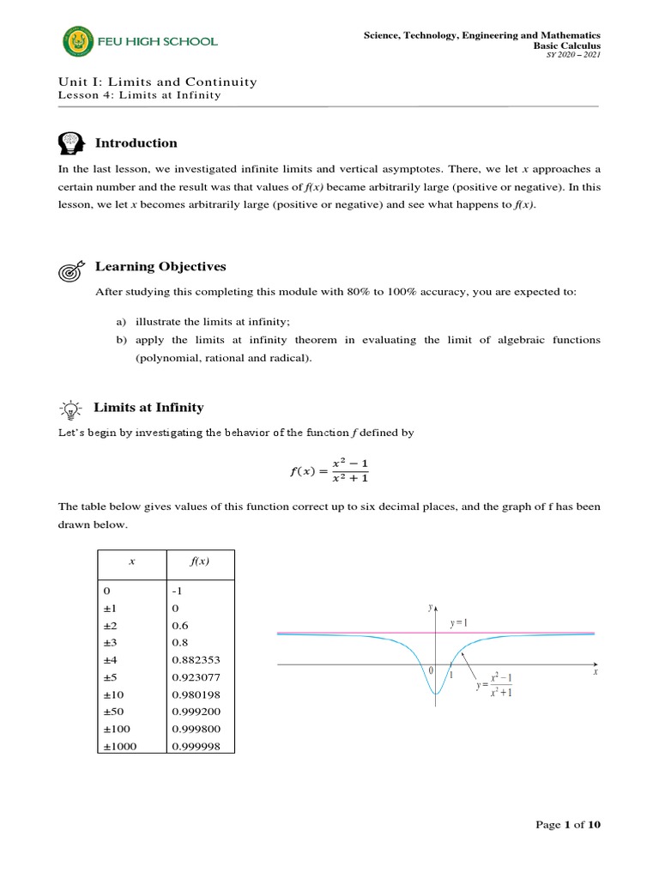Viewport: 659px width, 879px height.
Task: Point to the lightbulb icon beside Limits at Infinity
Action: click(x=70, y=408)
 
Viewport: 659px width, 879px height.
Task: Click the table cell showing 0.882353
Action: click(x=196, y=659)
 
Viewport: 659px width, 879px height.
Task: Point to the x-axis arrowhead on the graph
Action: click(x=594, y=664)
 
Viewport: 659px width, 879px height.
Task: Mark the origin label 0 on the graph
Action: click(x=432, y=670)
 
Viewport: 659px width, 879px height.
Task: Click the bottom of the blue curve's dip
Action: click(x=436, y=693)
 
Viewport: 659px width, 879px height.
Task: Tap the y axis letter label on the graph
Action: click(x=430, y=607)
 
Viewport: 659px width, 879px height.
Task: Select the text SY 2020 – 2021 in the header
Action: click(x=578, y=55)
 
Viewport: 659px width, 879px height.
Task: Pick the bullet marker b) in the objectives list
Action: click(x=121, y=340)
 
